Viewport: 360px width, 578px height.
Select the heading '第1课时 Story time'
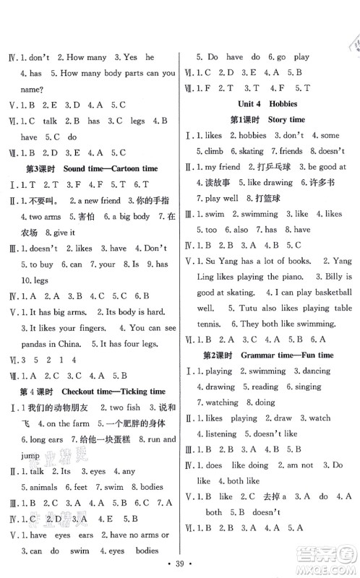click(267, 118)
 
